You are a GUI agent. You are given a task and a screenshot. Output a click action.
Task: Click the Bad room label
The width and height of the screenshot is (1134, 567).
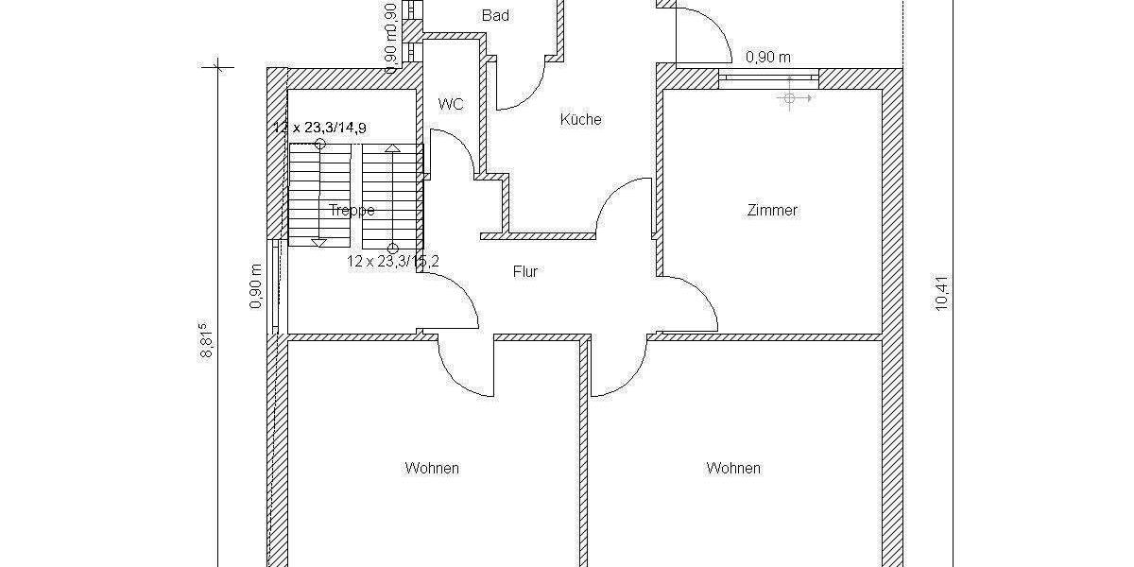click(x=495, y=15)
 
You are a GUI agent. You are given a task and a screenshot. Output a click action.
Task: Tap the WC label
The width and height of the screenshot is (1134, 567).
click(x=452, y=104)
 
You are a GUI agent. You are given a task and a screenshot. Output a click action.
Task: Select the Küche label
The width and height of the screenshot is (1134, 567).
click(x=580, y=120)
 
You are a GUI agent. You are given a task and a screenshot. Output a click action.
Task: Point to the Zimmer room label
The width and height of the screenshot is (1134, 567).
click(x=772, y=211)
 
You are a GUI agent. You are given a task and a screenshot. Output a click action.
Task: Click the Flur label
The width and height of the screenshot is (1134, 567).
click(x=525, y=272)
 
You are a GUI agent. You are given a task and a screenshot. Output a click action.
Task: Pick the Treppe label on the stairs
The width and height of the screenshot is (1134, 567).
click(x=352, y=211)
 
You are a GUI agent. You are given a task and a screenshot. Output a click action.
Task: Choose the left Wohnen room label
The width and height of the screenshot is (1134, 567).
click(x=432, y=468)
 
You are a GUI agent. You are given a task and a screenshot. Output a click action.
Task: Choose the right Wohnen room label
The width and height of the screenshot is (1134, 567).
click(x=733, y=468)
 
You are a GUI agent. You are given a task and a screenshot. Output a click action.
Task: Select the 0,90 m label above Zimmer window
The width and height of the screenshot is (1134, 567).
click(x=768, y=57)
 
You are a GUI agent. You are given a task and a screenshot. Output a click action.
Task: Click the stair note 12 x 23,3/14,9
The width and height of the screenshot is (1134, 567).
click(x=326, y=127)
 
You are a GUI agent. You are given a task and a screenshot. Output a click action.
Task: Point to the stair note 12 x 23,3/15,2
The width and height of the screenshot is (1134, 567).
click(x=392, y=262)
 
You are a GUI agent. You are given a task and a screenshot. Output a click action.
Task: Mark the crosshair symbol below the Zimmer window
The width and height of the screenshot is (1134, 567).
click(x=790, y=97)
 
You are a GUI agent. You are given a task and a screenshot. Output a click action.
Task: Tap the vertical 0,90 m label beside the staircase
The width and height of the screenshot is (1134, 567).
click(x=255, y=285)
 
